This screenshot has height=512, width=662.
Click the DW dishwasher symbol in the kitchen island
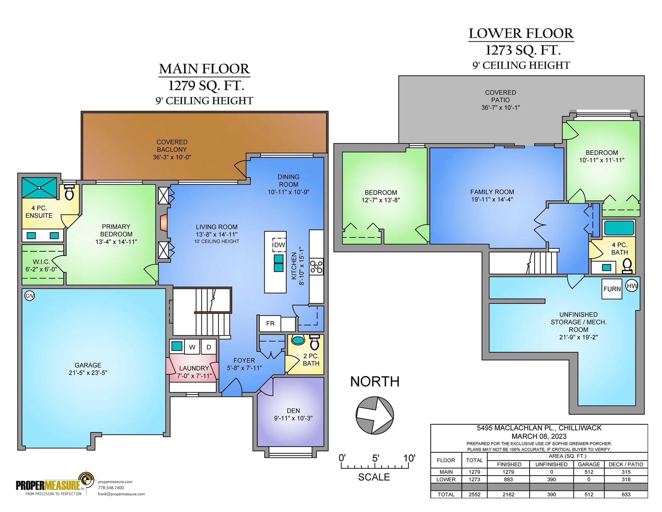click(x=279, y=245)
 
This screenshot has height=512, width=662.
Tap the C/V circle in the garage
click(x=29, y=296)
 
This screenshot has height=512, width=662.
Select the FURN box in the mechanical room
click(x=612, y=289)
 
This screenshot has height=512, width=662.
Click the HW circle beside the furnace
click(x=632, y=286)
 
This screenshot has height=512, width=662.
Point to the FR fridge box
click(x=270, y=324)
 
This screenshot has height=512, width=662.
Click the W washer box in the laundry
click(x=192, y=347)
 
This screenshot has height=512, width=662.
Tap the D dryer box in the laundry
click(x=209, y=347)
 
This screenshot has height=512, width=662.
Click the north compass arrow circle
click(x=374, y=416)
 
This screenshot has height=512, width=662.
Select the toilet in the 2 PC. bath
click(x=314, y=342)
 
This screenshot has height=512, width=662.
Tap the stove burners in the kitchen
click(x=316, y=267)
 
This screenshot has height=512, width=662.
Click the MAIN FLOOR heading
click(x=204, y=69)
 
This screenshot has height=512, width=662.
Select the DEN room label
click(x=293, y=411)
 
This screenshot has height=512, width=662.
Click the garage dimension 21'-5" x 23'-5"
click(x=88, y=373)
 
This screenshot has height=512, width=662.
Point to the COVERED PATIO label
click(x=501, y=96)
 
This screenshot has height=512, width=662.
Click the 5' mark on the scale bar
click(x=375, y=458)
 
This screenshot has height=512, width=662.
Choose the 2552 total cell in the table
click(x=474, y=495)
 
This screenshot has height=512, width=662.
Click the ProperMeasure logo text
click(x=48, y=485)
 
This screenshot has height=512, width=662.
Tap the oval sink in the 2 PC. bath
click(x=297, y=340)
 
